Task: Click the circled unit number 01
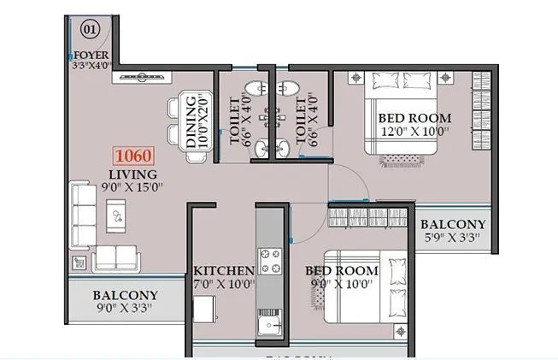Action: tap(90, 28)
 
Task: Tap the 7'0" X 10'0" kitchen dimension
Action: tap(223, 285)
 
